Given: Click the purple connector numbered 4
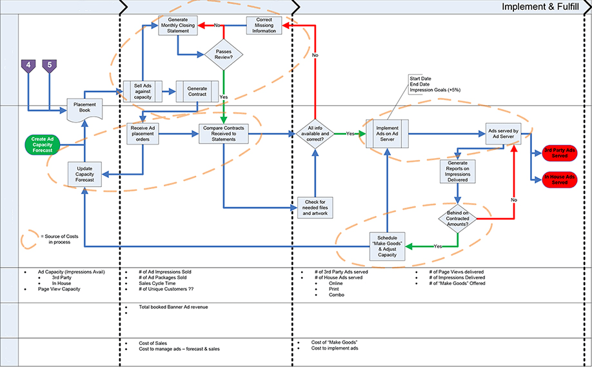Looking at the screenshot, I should tap(28, 65).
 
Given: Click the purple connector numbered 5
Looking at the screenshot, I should tap(50, 65).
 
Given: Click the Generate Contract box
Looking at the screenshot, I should tap(197, 91).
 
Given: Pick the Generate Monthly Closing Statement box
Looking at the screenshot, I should tap(177, 25).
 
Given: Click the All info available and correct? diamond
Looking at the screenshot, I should tap(314, 134).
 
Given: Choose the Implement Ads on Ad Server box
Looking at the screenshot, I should tap(387, 133).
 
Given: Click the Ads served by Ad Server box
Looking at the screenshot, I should tap(507, 133).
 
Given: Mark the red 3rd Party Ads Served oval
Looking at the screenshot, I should tap(559, 153).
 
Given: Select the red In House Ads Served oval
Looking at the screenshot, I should tap(559, 179).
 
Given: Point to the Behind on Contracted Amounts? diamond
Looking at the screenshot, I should tap(457, 217).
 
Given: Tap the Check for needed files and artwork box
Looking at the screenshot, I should tap(315, 208).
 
